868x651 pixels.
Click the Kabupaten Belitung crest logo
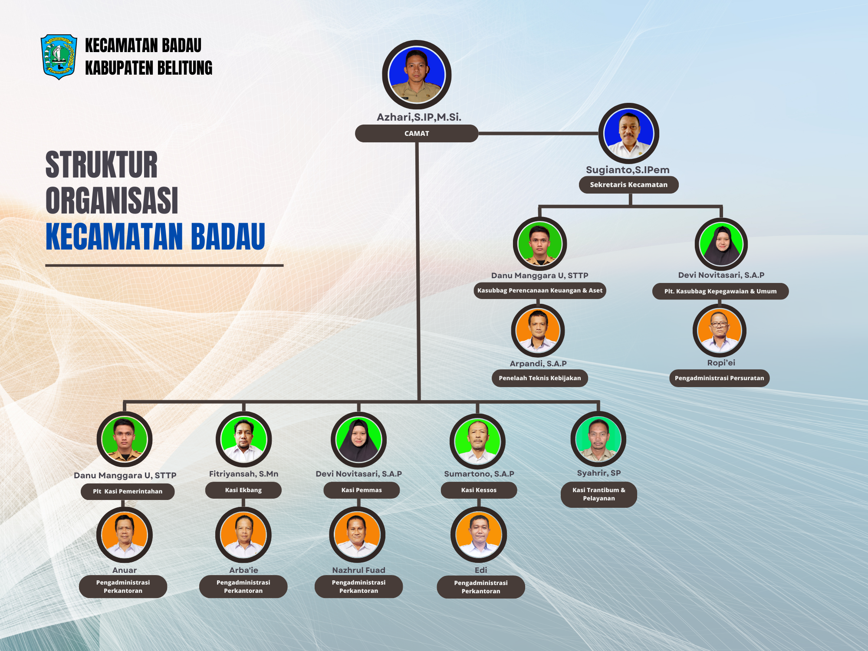59,57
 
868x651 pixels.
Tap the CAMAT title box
417,133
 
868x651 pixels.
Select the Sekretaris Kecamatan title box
628,184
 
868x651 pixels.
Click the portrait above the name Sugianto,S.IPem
628,133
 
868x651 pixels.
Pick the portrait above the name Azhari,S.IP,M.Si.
417,75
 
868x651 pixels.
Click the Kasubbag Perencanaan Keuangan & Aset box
540,290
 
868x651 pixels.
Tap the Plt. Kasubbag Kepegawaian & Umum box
720,291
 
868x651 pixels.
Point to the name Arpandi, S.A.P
538,363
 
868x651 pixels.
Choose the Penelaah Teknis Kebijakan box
540,378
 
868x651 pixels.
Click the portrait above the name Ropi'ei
720,331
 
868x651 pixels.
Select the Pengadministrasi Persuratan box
720,378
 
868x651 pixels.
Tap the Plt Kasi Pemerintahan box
128,491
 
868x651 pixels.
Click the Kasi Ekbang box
243,490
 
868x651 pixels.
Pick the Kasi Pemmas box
362,490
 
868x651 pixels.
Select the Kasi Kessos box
479,490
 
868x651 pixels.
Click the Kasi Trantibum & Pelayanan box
599,494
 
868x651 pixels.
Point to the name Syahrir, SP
599,473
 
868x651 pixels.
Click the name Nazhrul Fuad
358,570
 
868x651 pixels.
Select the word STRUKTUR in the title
102,165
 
